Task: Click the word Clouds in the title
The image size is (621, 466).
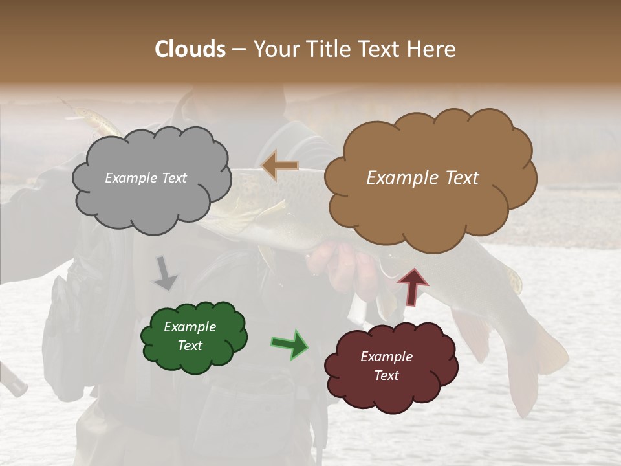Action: pyautogui.click(x=190, y=49)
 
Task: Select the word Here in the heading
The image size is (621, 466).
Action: pyautogui.click(x=431, y=49)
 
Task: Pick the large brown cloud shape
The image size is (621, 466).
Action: pyautogui.click(x=430, y=207)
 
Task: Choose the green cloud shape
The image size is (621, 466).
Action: pyautogui.click(x=194, y=359)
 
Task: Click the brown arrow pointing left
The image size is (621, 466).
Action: pyautogui.click(x=279, y=166)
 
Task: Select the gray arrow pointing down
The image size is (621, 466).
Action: pyautogui.click(x=165, y=273)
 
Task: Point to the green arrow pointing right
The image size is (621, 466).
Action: pyautogui.click(x=290, y=344)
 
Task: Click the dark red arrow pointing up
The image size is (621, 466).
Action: pyautogui.click(x=412, y=287)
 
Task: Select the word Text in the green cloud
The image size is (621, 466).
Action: pyautogui.click(x=190, y=346)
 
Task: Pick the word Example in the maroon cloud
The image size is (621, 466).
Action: pyautogui.click(x=386, y=357)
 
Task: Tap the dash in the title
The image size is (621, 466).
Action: pyautogui.click(x=238, y=49)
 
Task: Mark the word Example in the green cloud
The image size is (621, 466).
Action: pyautogui.click(x=190, y=327)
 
